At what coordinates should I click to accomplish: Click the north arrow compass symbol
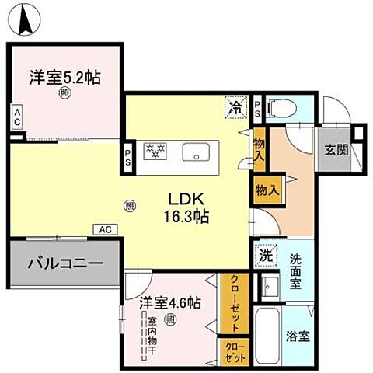(27, 18)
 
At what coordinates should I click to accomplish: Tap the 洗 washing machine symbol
(265, 254)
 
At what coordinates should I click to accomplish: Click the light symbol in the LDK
(128, 205)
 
